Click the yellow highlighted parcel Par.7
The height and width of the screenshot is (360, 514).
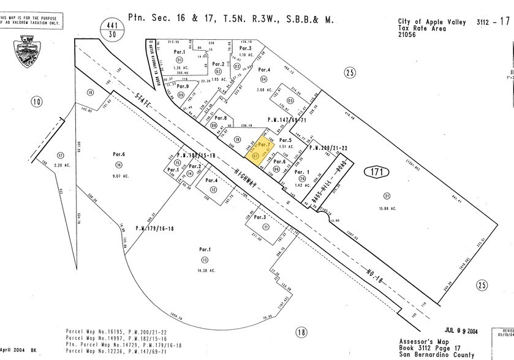coord(262,150)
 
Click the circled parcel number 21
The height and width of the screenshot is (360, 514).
coord(387,196)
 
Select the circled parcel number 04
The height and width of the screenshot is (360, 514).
coord(264,79)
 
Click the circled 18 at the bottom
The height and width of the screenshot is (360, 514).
coord(300,332)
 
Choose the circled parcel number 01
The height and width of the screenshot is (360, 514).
coord(162,61)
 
